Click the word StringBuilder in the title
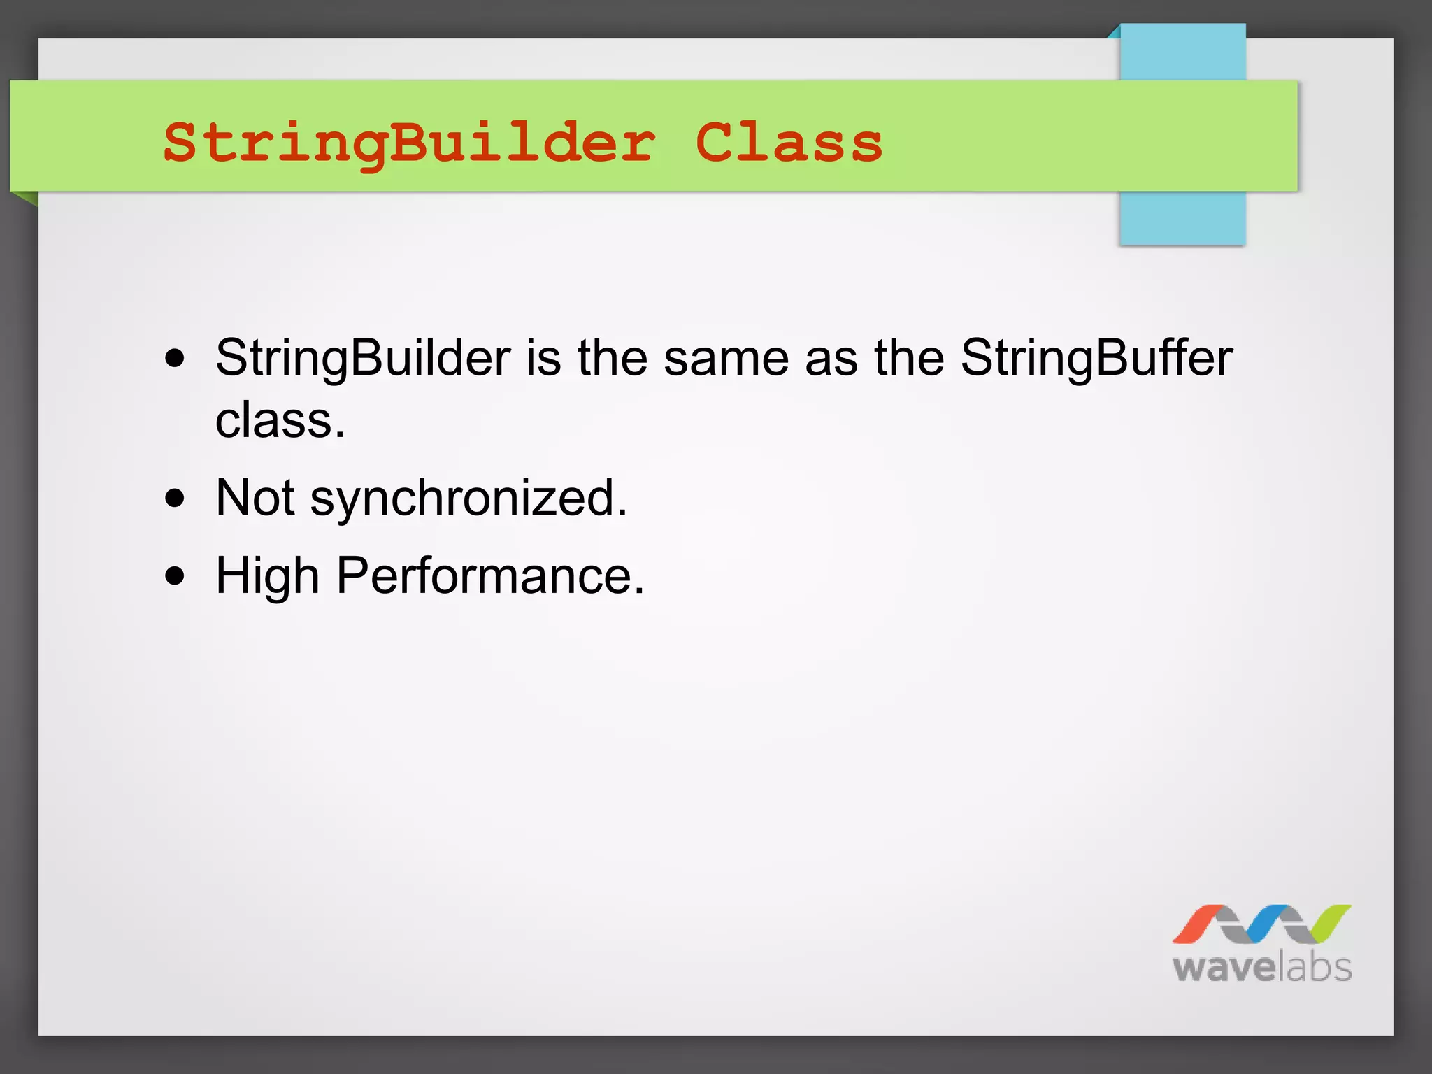tap(409, 143)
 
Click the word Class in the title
tap(789, 143)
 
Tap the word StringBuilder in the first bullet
tap(363, 359)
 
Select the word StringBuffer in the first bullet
tap(1096, 359)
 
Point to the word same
tap(726, 359)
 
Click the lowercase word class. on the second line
tap(280, 421)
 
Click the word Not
tap(255, 498)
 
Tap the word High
tap(267, 576)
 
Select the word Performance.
tap(490, 576)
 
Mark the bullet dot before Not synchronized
tap(176, 499)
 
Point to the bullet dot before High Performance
tap(176, 576)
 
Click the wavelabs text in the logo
tap(1261, 968)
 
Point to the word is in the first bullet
tap(543, 359)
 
